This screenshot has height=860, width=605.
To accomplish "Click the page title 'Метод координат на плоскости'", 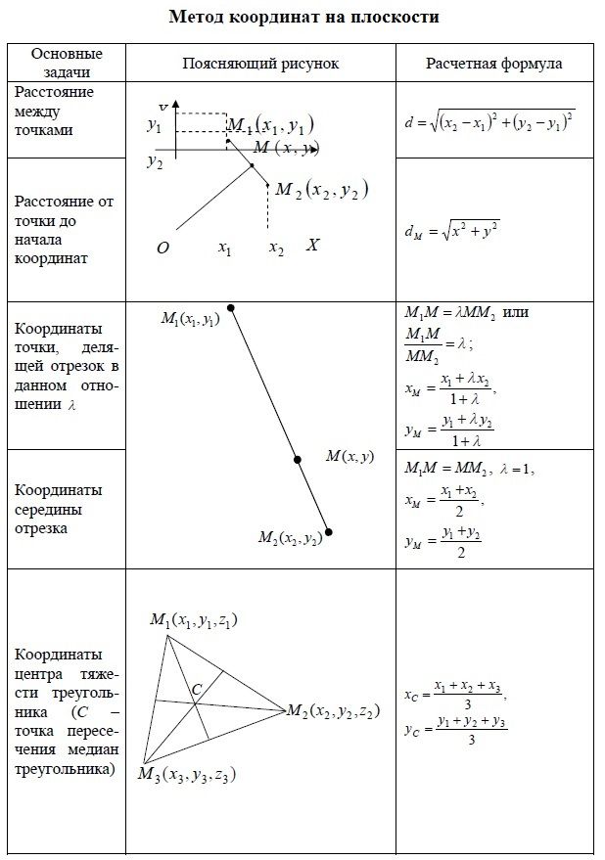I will coord(303,17).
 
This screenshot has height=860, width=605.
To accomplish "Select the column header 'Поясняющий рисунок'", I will coord(260,64).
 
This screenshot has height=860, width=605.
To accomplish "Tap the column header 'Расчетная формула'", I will coord(493,64).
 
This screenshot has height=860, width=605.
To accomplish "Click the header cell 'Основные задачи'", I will coord(67,63).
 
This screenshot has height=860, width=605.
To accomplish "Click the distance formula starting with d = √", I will coord(489,122).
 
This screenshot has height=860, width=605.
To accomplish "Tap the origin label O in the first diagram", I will coord(163,249).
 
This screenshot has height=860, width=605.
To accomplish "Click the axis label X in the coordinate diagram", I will coord(312,246).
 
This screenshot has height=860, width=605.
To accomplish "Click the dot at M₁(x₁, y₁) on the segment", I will coord(230,308).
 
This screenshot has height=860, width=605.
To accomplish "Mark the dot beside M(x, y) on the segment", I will coord(299,458).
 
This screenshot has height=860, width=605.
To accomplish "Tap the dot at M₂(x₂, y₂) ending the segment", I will coord(329,532).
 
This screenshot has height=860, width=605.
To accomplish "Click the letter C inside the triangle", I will coord(196,690).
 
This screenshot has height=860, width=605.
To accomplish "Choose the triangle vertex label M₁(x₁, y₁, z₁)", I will coord(195,620).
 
